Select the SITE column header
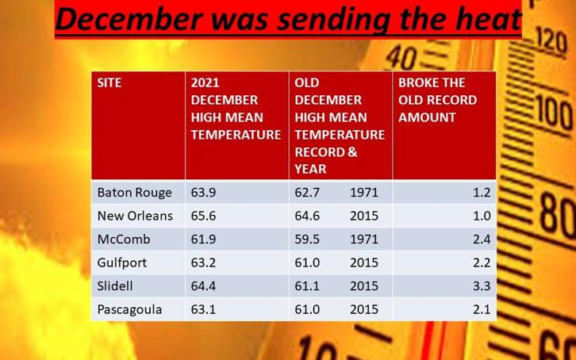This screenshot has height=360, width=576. coord(109,82)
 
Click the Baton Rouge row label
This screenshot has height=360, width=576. coord(134,193)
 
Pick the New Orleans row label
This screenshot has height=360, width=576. coord(135,216)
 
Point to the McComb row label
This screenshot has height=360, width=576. coord(124,239)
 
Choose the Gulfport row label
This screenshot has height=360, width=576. coord(122,262)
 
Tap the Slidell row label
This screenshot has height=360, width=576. coord(115,286)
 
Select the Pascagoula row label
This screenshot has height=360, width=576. coord(129,310)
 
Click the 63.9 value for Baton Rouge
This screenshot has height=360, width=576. coord(203,193)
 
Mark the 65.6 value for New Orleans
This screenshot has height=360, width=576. coord(203,216)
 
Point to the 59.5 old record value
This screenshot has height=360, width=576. coord(307,239)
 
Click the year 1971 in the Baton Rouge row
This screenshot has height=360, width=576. coord(364,193)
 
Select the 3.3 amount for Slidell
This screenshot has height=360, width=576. coord(482,286)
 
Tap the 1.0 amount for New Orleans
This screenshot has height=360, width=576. coord(482,216)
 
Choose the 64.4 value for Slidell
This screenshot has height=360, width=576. coord(203,286)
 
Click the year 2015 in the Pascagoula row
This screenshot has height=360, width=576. coord(364,309)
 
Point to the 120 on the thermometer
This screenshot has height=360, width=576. coord(551,41)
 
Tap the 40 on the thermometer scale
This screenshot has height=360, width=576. coord(401,58)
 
